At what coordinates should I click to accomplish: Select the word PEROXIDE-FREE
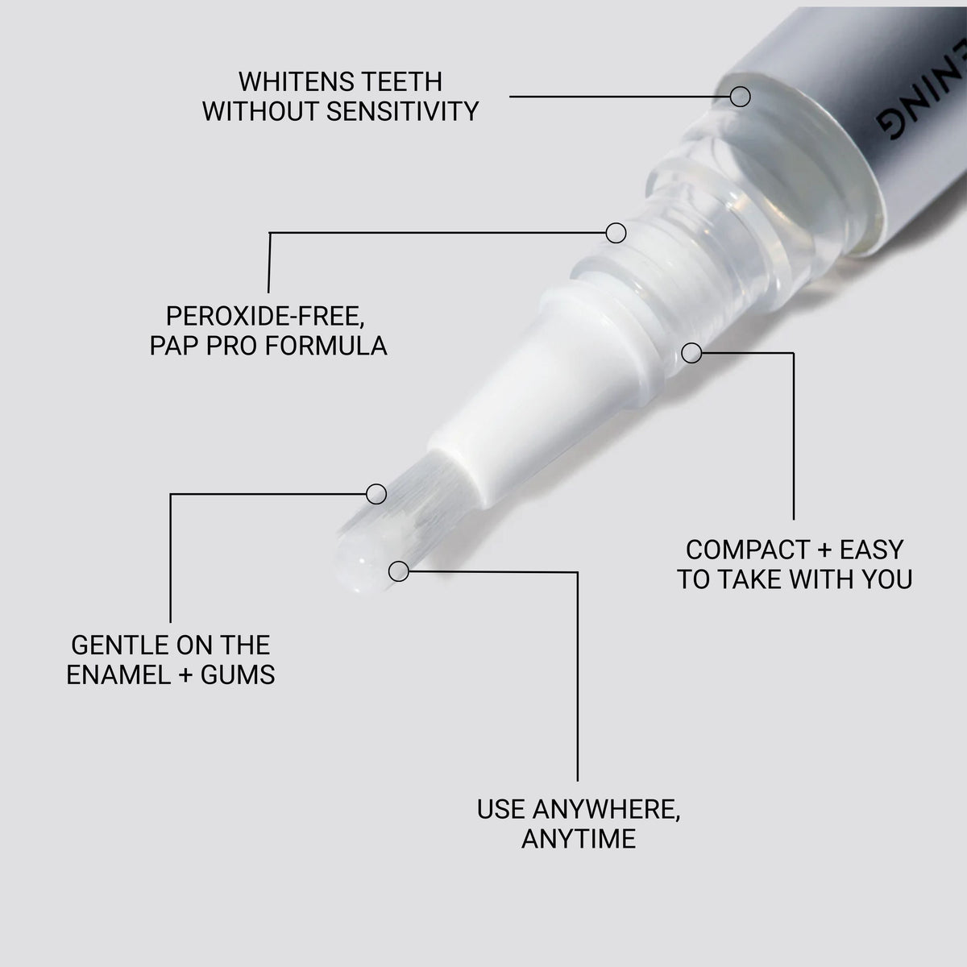pos(265,316)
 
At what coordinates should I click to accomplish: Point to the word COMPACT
pos(747,550)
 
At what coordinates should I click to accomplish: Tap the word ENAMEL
pos(118,675)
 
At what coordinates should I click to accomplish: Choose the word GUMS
pos(238,675)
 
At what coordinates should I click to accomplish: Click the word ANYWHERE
pos(606,809)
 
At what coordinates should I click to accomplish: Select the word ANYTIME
pos(579,839)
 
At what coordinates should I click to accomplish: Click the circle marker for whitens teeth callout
pos(741,97)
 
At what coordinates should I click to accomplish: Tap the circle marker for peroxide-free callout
pos(616,233)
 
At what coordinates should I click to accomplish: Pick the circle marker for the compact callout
pos(691,353)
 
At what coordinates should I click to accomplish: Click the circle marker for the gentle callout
pos(376,494)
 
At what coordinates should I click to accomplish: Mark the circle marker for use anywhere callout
pos(398,571)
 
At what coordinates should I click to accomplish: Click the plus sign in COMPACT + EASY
pos(824,551)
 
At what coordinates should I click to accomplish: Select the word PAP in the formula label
pos(174,346)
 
